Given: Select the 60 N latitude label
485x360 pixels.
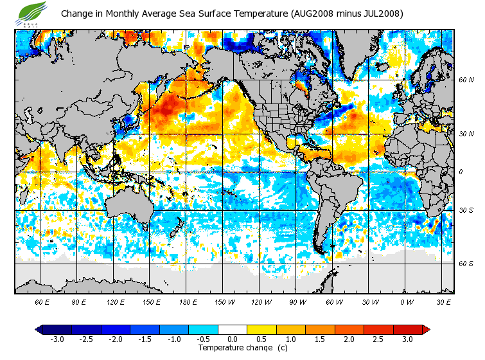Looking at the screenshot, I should (x=466, y=80).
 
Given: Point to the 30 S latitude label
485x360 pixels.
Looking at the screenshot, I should (x=466, y=211).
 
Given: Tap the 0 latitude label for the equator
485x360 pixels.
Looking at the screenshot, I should (x=460, y=172).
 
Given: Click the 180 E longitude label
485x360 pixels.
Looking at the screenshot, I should (x=188, y=302).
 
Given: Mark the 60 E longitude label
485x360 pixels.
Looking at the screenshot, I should (x=42, y=302).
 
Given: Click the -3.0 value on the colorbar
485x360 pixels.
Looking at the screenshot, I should (x=57, y=339).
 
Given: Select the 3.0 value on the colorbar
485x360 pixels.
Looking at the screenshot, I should (x=407, y=339).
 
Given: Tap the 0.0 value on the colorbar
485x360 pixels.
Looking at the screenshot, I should (x=232, y=339).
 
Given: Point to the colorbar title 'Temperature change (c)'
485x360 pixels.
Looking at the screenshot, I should (x=234, y=348).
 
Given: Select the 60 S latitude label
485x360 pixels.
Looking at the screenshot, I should (x=466, y=264).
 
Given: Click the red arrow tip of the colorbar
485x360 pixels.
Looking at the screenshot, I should (x=426, y=330).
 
